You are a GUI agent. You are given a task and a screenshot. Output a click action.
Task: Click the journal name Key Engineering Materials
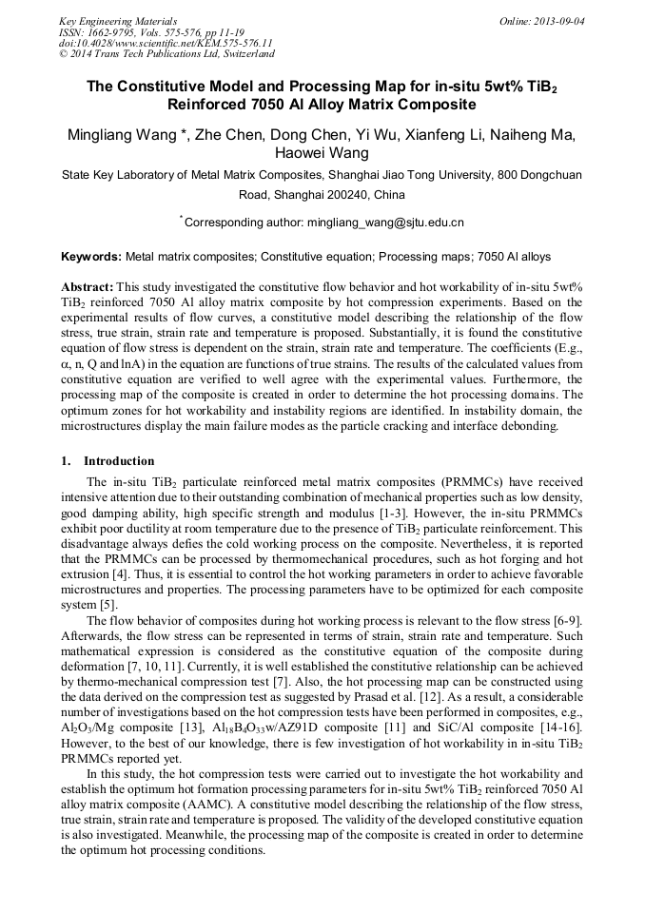click(117, 21)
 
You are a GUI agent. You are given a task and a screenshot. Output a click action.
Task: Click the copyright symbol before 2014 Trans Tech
click(63, 54)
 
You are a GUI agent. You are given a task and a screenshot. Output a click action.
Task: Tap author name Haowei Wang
click(322, 152)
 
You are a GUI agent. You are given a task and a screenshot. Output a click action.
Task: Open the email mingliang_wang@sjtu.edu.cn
click(385, 223)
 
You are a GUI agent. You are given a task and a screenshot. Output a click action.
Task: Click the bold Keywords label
click(91, 257)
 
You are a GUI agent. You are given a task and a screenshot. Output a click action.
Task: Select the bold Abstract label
click(88, 286)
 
